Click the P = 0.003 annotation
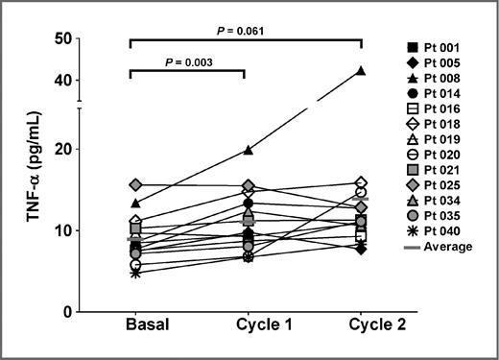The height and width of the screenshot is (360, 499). coord(190,62)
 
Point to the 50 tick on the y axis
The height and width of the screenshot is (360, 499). coord(64,39)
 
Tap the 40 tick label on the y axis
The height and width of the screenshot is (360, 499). coord(64,80)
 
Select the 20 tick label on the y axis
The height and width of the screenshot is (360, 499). coord(64,150)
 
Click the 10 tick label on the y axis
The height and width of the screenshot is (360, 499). coord(64,230)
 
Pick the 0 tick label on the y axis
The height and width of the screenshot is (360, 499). coord(68,312)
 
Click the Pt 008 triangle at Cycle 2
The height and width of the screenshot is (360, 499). coord(362,70)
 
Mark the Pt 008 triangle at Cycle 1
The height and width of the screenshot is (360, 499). coord(249,150)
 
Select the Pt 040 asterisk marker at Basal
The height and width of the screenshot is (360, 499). coord(135,273)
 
